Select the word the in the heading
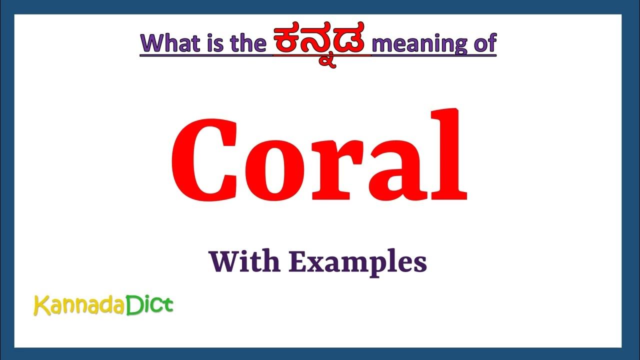[248, 43]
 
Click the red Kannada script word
[321, 45]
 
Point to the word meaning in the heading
[419, 43]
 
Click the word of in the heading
[483, 43]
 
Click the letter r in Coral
[334, 170]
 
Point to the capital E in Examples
[298, 261]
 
